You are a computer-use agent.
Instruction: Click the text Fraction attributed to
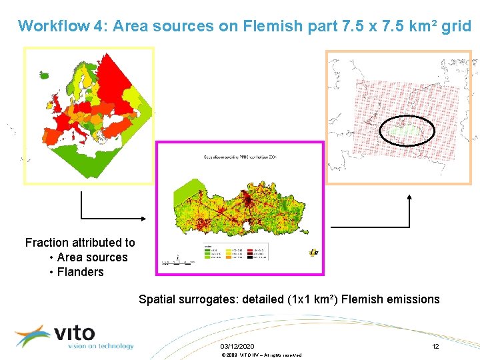(80, 243)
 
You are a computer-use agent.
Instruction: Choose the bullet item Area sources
(92, 257)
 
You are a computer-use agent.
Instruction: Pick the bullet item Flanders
(80, 272)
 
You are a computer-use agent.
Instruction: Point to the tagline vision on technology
(100, 346)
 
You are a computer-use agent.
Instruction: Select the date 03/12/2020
(237, 347)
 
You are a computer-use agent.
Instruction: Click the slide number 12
(435, 347)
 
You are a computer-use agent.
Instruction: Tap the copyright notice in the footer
(261, 355)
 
